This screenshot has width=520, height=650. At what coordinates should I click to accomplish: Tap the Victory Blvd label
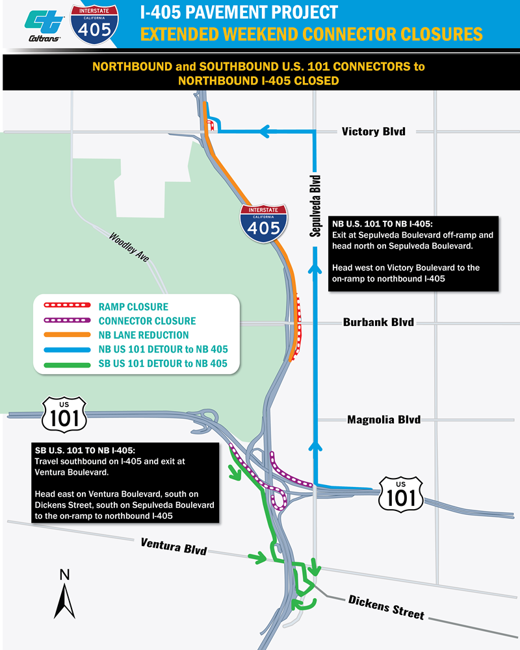click(373, 132)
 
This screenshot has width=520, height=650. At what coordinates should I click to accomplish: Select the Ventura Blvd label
click(174, 545)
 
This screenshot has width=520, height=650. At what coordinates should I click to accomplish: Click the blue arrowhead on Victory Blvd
click(266, 132)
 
